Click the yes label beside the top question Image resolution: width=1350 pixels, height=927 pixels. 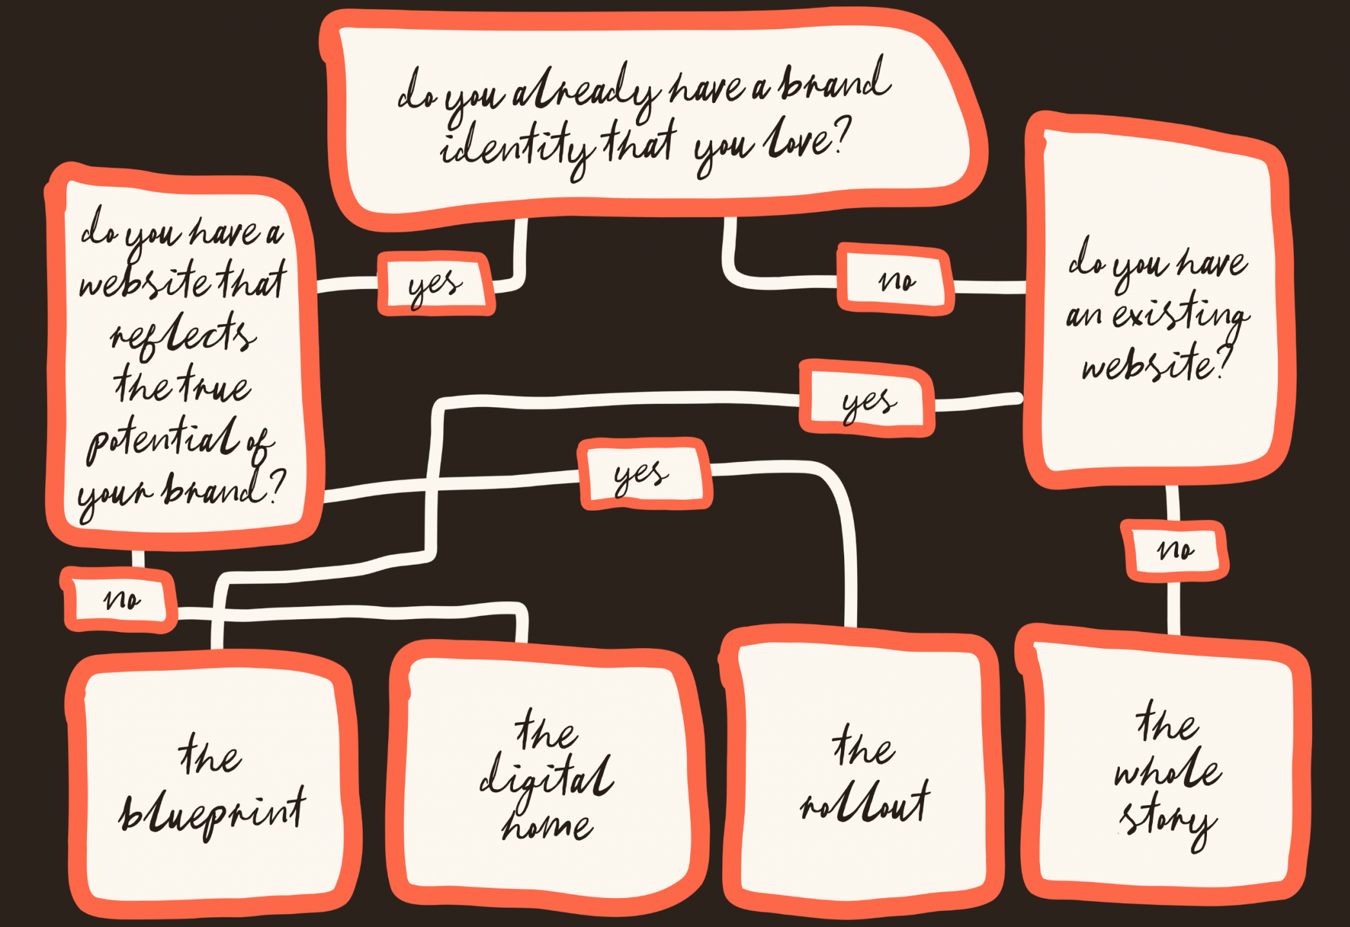point(436,284)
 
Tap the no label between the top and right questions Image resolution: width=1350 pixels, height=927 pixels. point(896,280)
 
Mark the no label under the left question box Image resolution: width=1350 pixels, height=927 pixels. point(121,600)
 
